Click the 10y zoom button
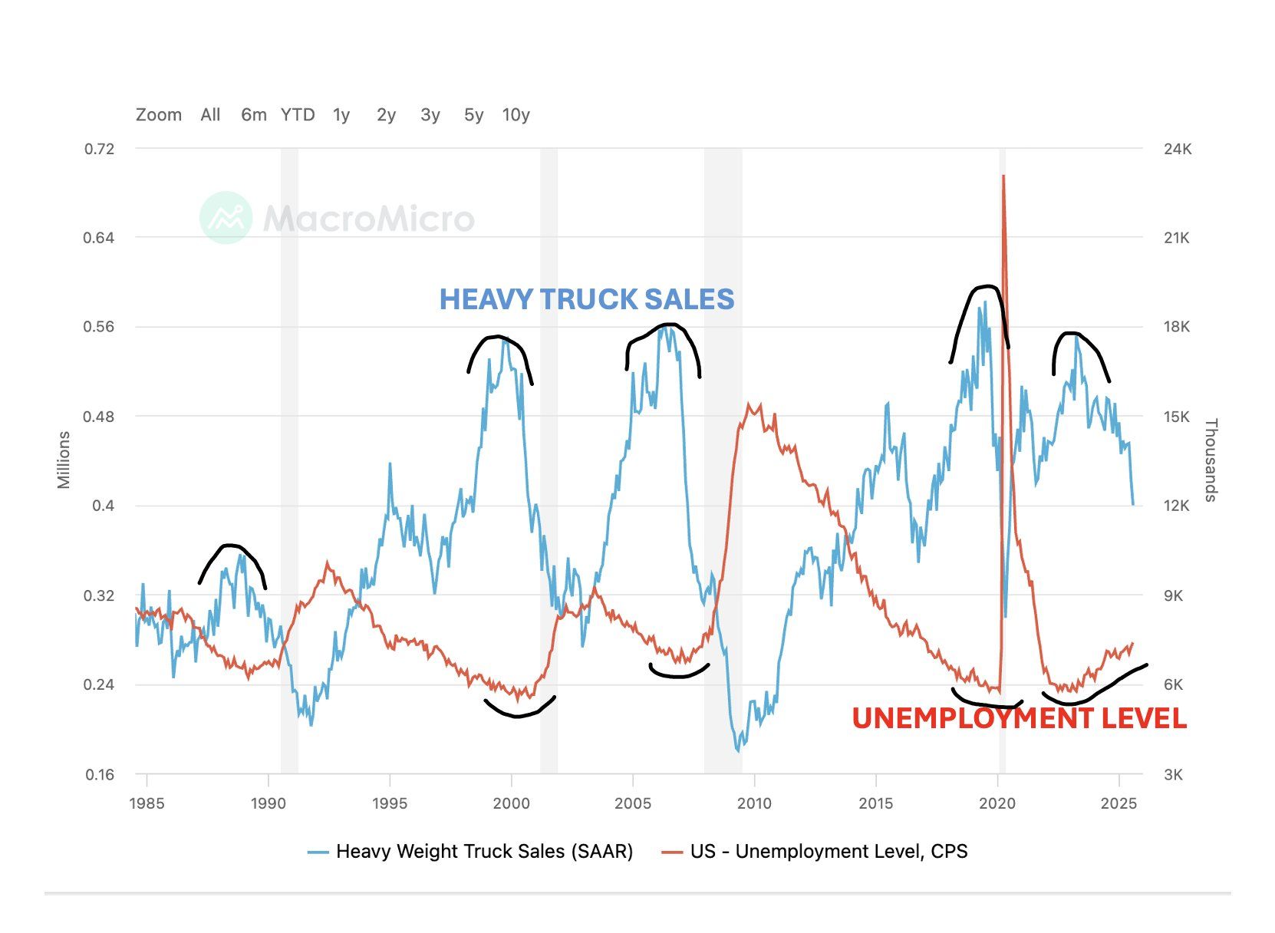[516, 115]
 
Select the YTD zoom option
[298, 115]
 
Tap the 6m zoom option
[253, 115]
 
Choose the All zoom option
[210, 115]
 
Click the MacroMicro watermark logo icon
[226, 218]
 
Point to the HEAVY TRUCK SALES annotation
[587, 299]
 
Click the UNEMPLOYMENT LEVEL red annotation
[1019, 718]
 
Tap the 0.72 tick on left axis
[99, 149]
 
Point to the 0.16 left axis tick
[100, 775]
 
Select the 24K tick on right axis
[1177, 149]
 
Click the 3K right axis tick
[1173, 775]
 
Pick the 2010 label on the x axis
[754, 803]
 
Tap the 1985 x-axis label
[147, 803]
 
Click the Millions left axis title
[64, 460]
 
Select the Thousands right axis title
[1211, 460]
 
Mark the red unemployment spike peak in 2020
[1003, 176]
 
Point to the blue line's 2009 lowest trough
[739, 750]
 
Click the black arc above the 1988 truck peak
[231, 546]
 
